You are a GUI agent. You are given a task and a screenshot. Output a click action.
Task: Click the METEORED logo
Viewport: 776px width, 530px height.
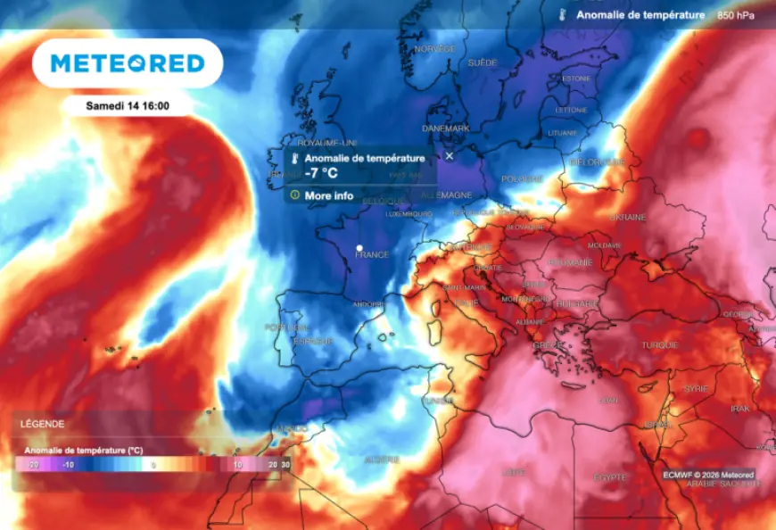[x=128, y=63]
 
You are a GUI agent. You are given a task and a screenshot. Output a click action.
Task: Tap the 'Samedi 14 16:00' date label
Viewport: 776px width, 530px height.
[x=128, y=104]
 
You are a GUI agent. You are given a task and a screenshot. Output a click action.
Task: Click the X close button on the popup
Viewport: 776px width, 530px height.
[x=450, y=155]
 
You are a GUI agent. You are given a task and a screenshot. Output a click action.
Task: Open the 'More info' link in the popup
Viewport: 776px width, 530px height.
[x=329, y=195]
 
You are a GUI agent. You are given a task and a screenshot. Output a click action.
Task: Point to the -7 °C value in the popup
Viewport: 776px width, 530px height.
[x=321, y=173]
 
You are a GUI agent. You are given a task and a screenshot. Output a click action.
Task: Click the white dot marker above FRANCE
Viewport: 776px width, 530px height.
[x=359, y=247]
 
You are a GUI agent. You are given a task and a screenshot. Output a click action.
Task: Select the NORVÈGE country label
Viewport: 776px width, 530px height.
[x=434, y=49]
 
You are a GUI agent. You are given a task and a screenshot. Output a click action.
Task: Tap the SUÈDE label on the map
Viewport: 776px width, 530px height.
[x=483, y=63]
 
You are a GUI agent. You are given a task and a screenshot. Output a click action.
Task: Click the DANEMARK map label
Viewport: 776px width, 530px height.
[x=445, y=128]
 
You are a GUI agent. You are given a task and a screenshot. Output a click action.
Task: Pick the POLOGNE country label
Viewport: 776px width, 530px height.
[x=522, y=178]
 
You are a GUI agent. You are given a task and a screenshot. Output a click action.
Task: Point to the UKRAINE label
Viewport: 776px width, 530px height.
[x=627, y=217]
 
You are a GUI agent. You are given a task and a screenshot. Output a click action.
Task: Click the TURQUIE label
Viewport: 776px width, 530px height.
[x=659, y=344]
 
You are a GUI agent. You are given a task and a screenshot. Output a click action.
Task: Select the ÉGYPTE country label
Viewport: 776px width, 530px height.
[x=611, y=477]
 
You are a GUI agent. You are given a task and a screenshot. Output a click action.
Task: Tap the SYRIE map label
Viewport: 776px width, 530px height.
[x=696, y=388]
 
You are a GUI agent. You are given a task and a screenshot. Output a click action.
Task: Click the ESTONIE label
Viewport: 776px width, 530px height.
[x=576, y=79]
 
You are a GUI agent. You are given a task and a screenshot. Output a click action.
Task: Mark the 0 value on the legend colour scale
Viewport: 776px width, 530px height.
[x=153, y=465]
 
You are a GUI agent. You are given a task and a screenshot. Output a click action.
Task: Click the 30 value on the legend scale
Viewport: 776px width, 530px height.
[x=285, y=465]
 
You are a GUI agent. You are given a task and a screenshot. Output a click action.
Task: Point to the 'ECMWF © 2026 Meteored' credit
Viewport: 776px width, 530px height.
[x=708, y=475]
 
